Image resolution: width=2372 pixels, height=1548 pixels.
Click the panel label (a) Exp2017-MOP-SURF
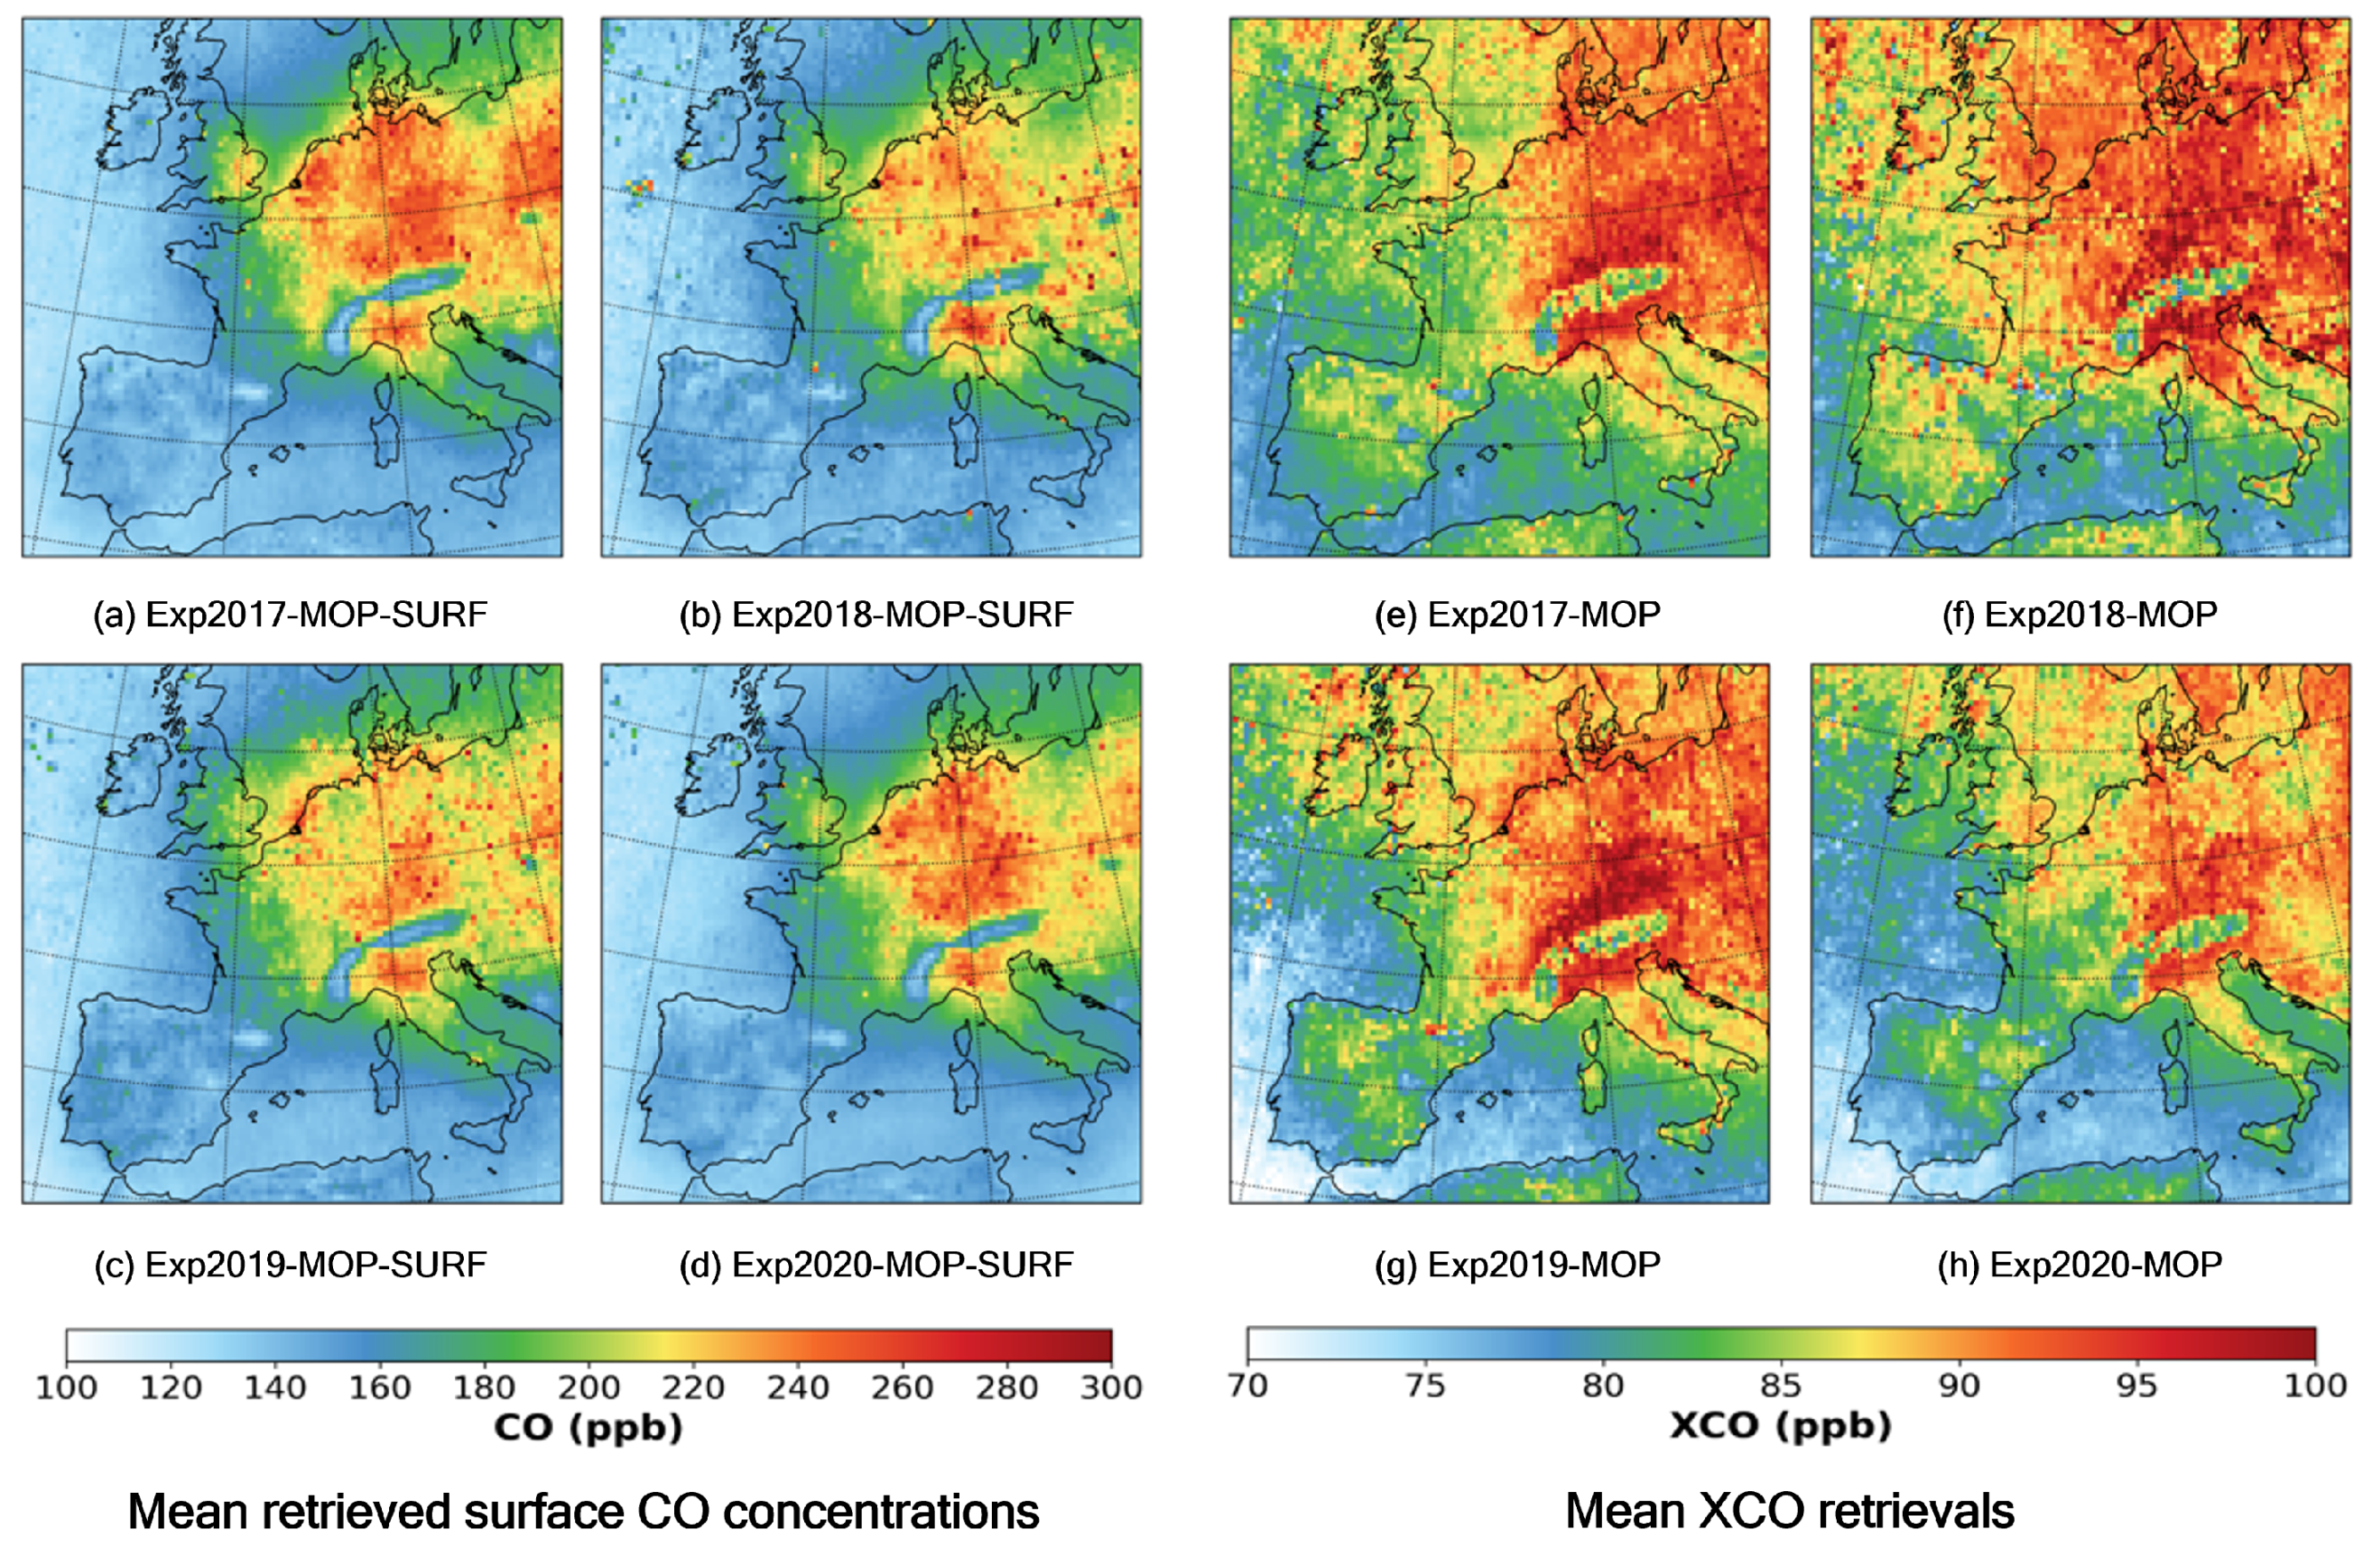[290, 615]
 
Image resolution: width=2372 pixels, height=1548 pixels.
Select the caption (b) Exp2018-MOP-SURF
[876, 615]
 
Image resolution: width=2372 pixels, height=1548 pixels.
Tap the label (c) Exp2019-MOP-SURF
[290, 1265]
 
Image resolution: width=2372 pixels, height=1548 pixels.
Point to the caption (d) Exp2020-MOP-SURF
[876, 1265]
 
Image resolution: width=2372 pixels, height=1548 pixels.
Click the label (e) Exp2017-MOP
[1517, 615]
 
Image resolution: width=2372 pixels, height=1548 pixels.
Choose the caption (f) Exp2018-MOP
[2080, 615]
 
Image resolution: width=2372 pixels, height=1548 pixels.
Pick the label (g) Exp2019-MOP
[1517, 1265]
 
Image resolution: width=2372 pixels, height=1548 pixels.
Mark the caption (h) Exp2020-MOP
[2080, 1265]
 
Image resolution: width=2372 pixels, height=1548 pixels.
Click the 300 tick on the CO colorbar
[1111, 1386]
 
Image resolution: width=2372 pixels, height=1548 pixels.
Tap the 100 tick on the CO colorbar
[67, 1386]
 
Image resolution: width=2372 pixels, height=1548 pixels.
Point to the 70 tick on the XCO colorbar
[1247, 1385]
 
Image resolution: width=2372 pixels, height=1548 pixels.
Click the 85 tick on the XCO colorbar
[1781, 1385]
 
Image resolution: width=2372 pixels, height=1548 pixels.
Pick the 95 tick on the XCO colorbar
[2136, 1385]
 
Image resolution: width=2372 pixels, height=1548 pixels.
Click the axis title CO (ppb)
[588, 1427]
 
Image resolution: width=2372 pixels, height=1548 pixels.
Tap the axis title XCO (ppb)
[1780, 1425]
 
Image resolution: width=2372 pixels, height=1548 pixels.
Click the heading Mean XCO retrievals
[1789, 1510]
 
